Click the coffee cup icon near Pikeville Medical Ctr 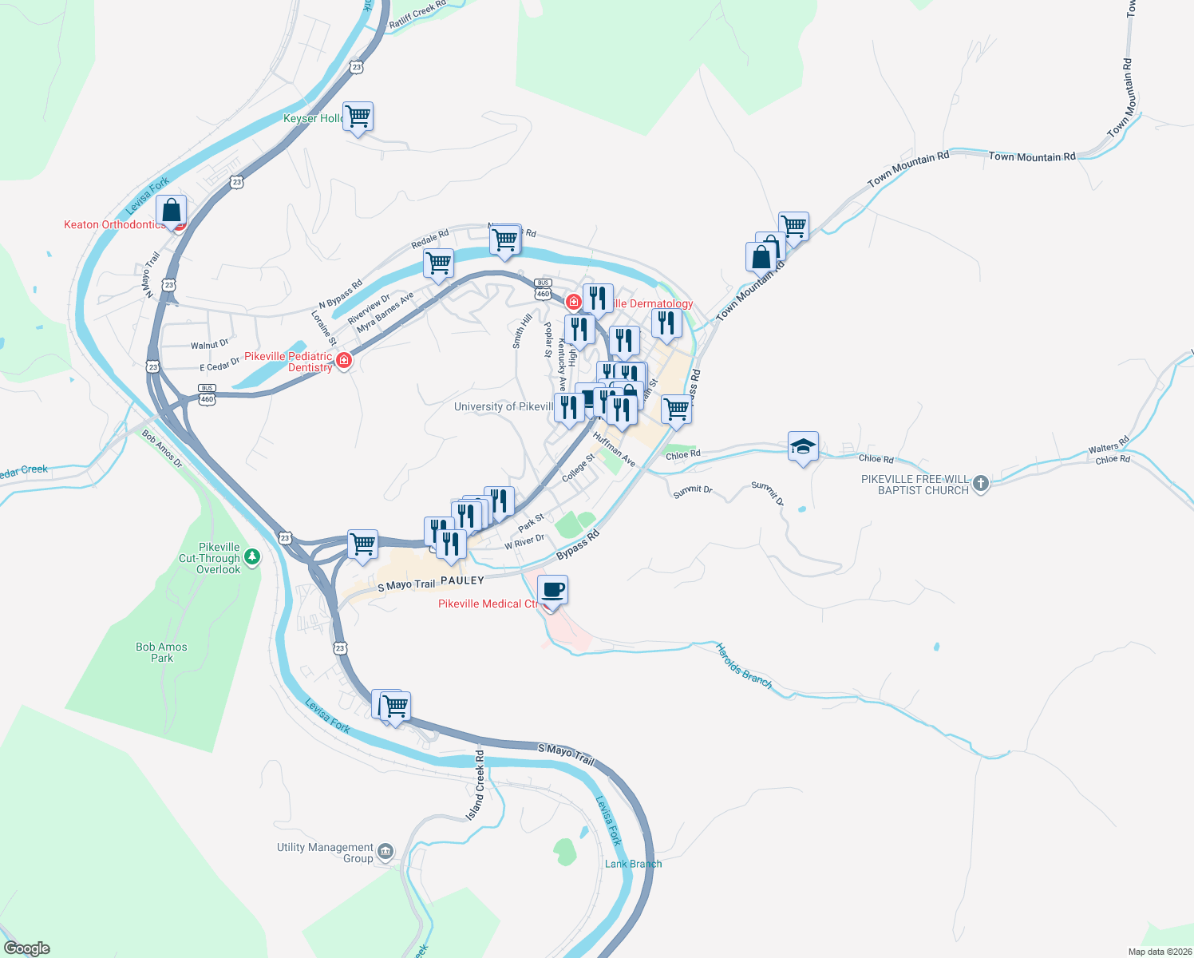[553, 591]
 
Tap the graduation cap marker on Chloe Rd [803, 447]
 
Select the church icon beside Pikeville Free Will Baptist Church [981, 483]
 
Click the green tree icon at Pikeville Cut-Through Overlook [252, 556]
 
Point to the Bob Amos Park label [161, 652]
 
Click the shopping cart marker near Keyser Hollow [358, 117]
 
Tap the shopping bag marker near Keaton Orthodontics [171, 211]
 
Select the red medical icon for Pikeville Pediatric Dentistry [344, 361]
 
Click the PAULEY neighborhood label [462, 580]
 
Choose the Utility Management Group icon [385, 851]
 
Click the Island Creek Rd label [476, 785]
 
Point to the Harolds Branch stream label [743, 666]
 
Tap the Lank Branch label [633, 864]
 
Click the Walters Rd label [1109, 445]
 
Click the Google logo [27, 948]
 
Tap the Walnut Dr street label [209, 345]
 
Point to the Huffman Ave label [614, 449]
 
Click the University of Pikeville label [503, 406]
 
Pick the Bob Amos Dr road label [162, 449]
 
